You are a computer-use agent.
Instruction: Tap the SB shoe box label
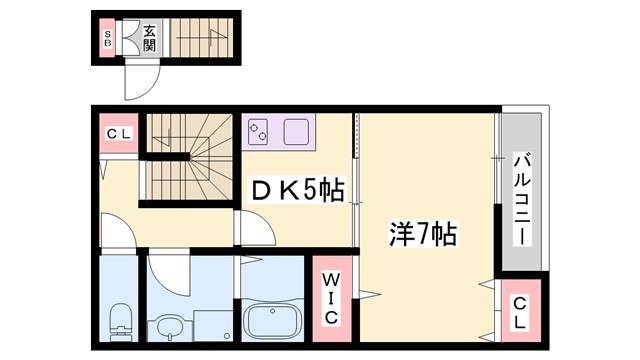tap(107, 39)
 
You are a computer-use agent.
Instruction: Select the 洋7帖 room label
tap(423, 235)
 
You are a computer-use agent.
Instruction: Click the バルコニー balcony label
tap(521, 198)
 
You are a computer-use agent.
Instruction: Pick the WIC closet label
tap(330, 296)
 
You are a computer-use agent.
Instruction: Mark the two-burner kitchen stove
tap(260, 130)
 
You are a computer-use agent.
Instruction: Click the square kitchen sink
tap(298, 130)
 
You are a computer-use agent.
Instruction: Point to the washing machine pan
tap(211, 325)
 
